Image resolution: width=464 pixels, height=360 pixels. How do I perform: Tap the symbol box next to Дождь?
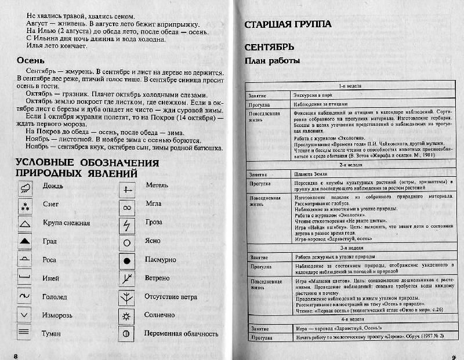click(24, 187)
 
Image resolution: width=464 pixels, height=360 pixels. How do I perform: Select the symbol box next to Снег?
click(24, 205)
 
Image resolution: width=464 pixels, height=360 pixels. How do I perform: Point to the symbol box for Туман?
click(24, 333)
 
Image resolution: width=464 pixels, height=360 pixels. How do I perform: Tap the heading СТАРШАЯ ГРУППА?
click(288, 24)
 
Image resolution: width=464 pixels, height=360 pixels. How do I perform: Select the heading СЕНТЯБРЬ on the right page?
click(269, 46)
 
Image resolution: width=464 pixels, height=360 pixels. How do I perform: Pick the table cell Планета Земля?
click(312, 173)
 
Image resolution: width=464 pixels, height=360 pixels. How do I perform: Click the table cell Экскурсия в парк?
click(316, 94)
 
